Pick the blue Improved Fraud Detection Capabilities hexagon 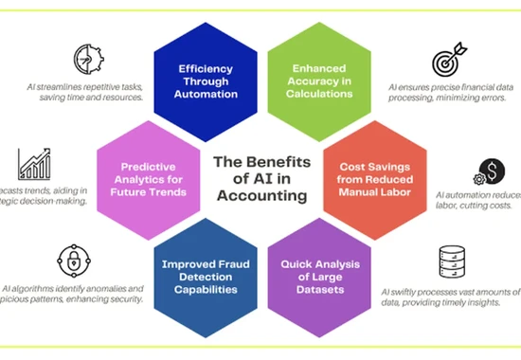click(206, 270)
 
